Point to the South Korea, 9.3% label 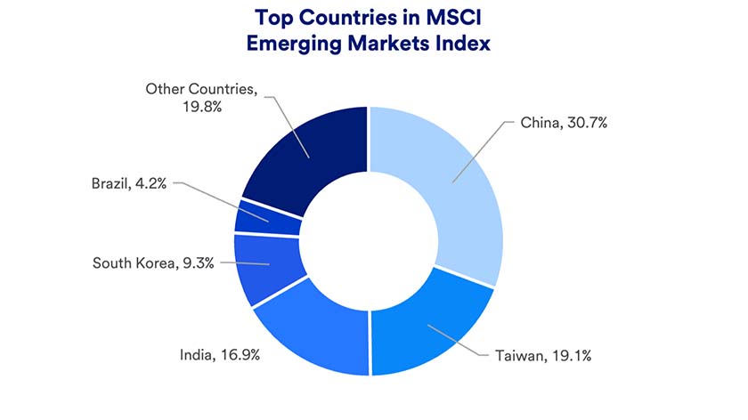[x=154, y=263]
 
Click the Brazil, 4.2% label [x=130, y=184]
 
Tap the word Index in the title [x=463, y=43]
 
